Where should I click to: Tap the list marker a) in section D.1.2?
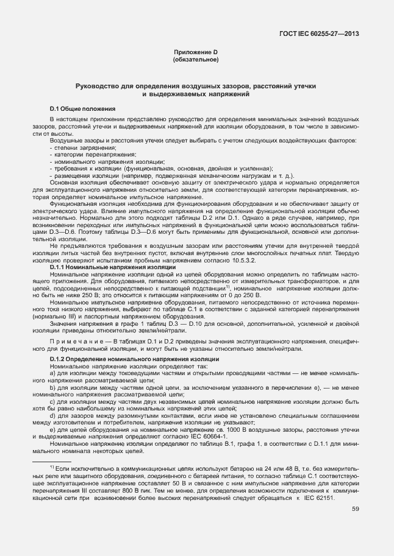tap(53, 375)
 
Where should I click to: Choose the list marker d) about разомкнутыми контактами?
tap(53, 416)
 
